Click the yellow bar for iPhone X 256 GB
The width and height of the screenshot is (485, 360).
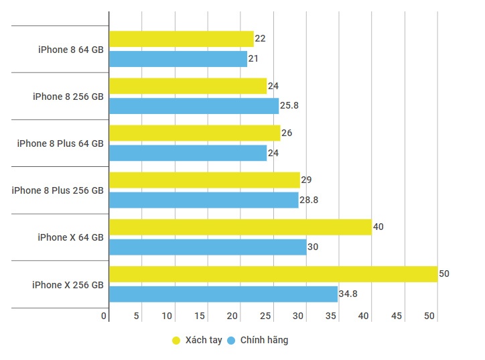point(273,274)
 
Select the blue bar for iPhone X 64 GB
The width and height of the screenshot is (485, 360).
point(208,247)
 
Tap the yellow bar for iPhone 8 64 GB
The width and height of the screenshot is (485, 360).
point(181,39)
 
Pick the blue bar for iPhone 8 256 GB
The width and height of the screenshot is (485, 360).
point(194,106)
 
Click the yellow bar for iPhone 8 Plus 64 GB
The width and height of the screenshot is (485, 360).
point(194,133)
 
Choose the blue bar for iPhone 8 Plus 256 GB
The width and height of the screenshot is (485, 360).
point(204,200)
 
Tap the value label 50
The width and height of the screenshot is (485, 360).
point(444,274)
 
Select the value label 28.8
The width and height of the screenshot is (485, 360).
point(309,200)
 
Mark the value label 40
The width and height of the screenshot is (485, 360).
point(378,227)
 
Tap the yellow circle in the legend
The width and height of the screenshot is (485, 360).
point(177,341)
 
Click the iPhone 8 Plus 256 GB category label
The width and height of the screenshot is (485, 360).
point(58,190)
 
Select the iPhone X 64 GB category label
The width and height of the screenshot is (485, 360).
point(70,237)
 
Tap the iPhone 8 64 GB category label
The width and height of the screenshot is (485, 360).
point(70,49)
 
